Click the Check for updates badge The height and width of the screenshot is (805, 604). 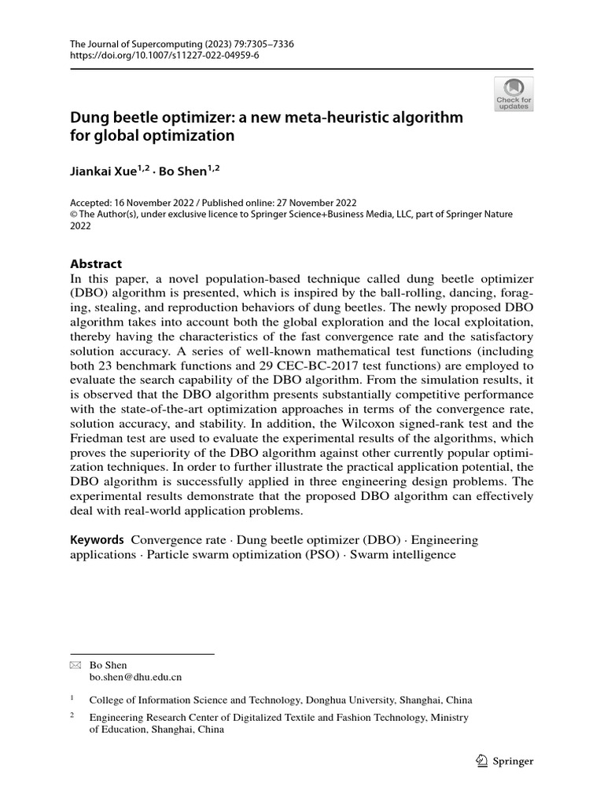coord(514,94)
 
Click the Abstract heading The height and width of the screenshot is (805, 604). coord(97,264)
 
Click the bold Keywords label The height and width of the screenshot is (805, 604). coord(98,540)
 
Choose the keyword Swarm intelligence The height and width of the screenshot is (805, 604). coord(403,554)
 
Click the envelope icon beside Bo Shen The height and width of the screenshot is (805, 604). coord(75,664)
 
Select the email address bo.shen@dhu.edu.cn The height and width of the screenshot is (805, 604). coord(135,676)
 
